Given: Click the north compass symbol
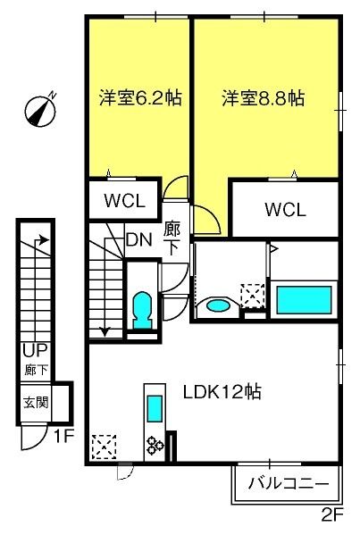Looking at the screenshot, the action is [x=40, y=111].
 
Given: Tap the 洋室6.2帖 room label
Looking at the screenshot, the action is [x=140, y=98].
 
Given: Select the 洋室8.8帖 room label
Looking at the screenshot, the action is [x=264, y=98].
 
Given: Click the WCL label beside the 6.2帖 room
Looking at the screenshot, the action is [x=124, y=201].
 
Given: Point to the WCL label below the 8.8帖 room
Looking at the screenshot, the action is [x=285, y=210].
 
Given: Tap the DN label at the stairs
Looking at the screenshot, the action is [x=138, y=240].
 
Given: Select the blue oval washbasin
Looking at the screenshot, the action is [x=218, y=305].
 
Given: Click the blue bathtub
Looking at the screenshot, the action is [x=304, y=300].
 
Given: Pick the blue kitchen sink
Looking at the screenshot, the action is [x=155, y=408].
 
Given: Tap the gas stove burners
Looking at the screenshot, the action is [x=155, y=446].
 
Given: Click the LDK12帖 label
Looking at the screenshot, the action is [x=222, y=392].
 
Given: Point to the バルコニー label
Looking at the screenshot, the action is [x=289, y=483].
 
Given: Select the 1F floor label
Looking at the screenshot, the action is [x=64, y=436].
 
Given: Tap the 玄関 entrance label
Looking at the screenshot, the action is [x=36, y=403].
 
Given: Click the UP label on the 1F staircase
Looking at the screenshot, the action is [x=35, y=350].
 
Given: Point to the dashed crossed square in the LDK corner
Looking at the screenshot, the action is [x=105, y=447].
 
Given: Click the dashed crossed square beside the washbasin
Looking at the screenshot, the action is [x=253, y=296].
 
